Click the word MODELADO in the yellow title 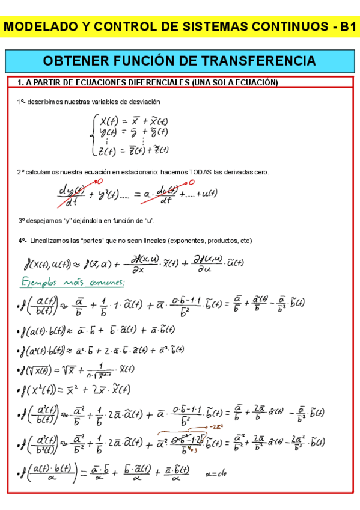tap(43, 27)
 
